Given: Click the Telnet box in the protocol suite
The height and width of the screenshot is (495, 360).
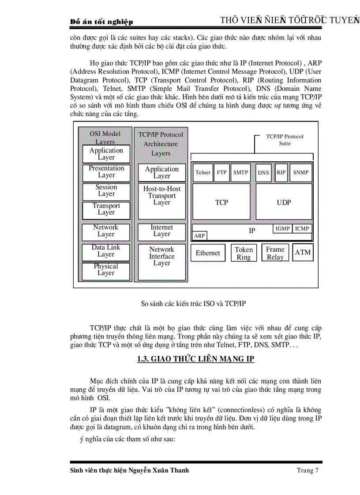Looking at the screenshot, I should pos(202,172).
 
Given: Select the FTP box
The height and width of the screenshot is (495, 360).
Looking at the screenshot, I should pos(221,172).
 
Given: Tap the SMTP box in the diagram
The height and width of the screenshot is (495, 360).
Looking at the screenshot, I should pos(240,172).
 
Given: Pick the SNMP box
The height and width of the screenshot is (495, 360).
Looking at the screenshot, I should pos(300,172).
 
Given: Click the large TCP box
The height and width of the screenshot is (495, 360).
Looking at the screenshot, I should pos(221,202).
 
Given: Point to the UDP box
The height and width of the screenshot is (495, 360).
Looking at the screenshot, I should pos(284,202).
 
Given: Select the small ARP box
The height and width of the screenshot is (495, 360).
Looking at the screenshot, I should pos(199,236).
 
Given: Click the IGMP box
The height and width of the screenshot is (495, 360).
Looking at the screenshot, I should pos(282,228).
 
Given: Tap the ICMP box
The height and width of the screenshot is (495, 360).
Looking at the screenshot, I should pos(302,228).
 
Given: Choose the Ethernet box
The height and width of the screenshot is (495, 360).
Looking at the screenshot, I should pos(208,253).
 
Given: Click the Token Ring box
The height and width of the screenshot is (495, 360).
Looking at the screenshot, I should pos(244,253).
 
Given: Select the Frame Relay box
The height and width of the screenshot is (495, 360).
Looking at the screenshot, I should pos(275,253).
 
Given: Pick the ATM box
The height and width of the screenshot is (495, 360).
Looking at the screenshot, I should pos(303,253).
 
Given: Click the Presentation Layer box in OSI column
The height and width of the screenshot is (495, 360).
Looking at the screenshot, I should pos(106,172).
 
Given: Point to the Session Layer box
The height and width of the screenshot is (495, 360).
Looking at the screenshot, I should pos(106,191).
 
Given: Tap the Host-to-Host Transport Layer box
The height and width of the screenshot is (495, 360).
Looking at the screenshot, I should pos(162,196).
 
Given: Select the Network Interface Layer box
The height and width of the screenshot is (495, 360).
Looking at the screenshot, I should pos(162,257).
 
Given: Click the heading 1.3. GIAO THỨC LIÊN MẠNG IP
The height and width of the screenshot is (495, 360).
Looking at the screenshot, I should pos(196,359).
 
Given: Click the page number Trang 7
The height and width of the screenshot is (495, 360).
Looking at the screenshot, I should pos(307,470).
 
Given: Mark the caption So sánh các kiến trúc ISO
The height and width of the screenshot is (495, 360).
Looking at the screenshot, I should pos(193,304).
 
